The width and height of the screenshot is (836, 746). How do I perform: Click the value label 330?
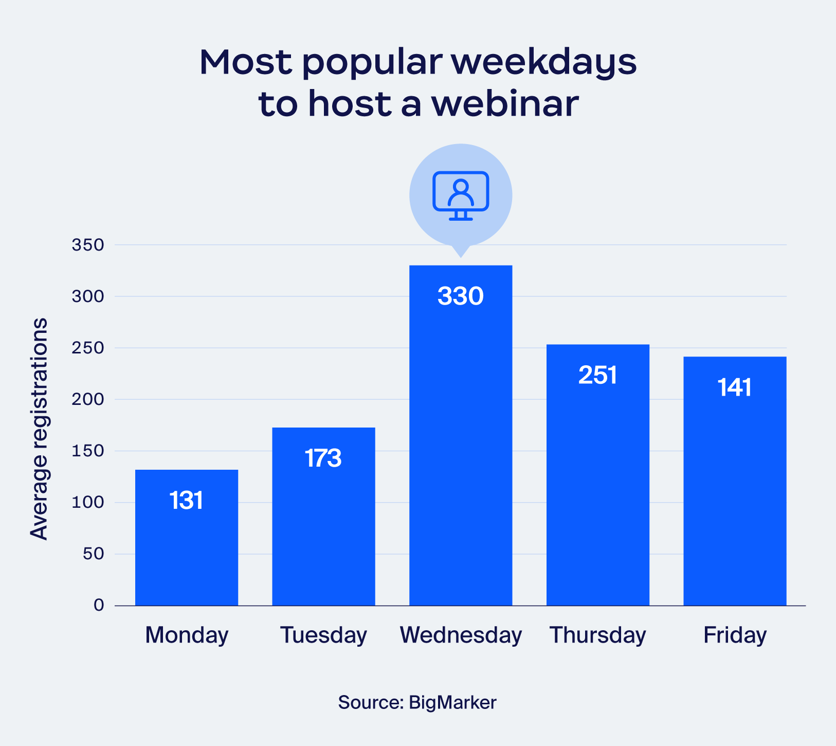point(461,296)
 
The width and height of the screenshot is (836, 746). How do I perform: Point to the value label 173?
point(323,458)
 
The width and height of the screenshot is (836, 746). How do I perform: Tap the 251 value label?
point(597,375)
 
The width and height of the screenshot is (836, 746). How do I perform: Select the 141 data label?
point(735,387)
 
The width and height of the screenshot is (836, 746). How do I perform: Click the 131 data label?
point(187,501)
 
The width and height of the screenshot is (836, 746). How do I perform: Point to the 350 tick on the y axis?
point(88,245)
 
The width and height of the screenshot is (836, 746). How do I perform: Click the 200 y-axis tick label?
point(88,399)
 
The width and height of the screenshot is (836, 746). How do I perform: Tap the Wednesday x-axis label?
point(461,635)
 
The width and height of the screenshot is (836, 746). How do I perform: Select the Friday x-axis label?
point(735,635)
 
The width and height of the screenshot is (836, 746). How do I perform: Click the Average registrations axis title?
point(39,429)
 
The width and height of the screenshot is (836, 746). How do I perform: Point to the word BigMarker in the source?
point(452,702)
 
